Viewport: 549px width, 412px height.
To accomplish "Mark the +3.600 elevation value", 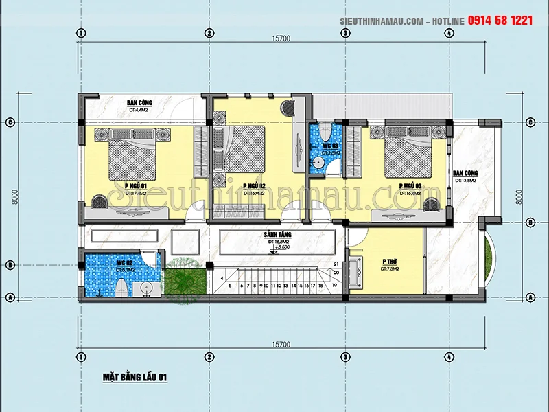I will [282, 249].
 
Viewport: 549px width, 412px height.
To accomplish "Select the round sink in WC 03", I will [318, 162].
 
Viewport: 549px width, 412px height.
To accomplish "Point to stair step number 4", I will [222, 277].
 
